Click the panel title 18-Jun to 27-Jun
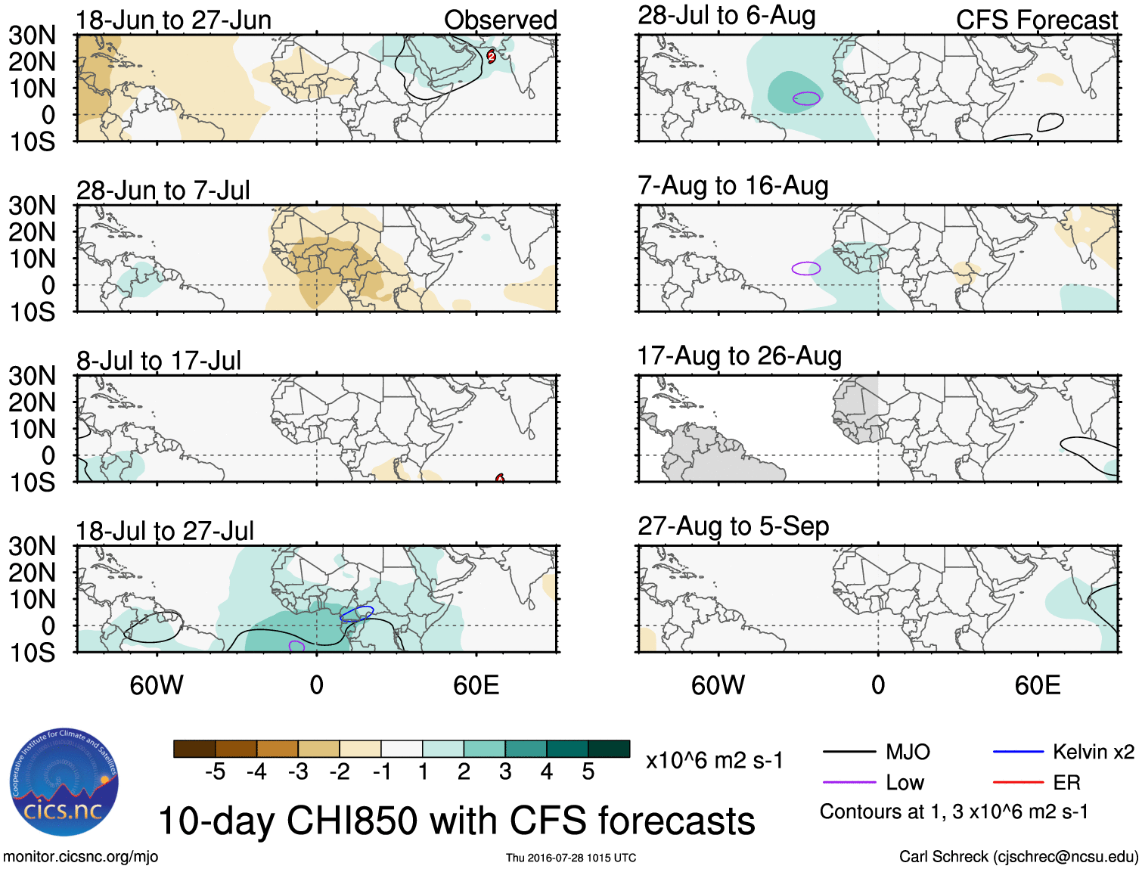pyautogui.click(x=173, y=20)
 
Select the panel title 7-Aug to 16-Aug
pyautogui.click(x=733, y=186)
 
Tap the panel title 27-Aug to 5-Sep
pyautogui.click(x=733, y=526)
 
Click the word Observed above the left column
pyautogui.click(x=500, y=20)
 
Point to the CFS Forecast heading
pyautogui.click(x=1036, y=20)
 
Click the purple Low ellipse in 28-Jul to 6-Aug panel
pyautogui.click(x=806, y=98)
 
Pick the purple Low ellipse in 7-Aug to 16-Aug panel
pyautogui.click(x=805, y=268)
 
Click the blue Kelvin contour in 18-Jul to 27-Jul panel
pyautogui.click(x=357, y=613)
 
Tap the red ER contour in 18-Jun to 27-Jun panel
pyautogui.click(x=491, y=55)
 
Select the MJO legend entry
pyautogui.click(x=877, y=752)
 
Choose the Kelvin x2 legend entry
pyautogui.click(x=1063, y=752)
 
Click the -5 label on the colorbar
pyautogui.click(x=215, y=772)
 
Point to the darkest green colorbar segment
pyautogui.click(x=609, y=749)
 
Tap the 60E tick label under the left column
pyautogui.click(x=476, y=685)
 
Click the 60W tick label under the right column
pyautogui.click(x=718, y=685)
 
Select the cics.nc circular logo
pyautogui.click(x=64, y=782)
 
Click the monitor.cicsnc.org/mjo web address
pyautogui.click(x=80, y=857)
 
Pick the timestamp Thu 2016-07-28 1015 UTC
pyautogui.click(x=571, y=858)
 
